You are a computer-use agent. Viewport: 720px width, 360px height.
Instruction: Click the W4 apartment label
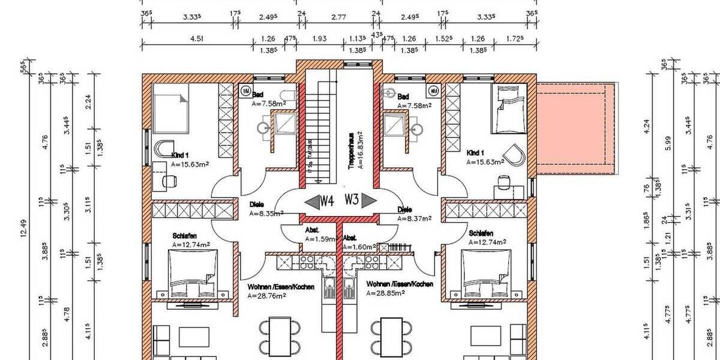coord(326,201)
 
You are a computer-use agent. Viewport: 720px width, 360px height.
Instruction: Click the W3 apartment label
coord(351,200)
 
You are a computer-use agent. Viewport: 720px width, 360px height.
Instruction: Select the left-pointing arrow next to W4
coord(311,202)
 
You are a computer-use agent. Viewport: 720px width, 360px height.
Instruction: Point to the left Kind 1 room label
coord(181,155)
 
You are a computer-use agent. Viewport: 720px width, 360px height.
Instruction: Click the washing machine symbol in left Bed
coord(246,91)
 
